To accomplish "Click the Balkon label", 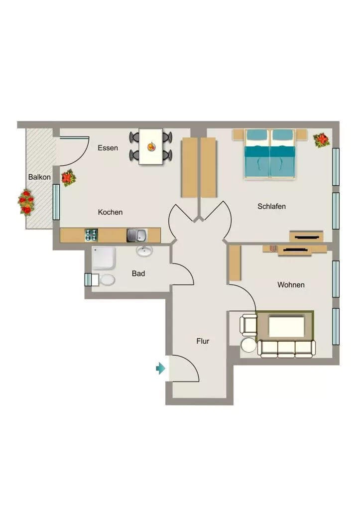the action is click(39, 177).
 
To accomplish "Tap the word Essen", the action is click(108, 147).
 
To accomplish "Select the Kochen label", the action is click(110, 212).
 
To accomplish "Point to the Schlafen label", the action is click(271, 206).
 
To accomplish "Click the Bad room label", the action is click(138, 273).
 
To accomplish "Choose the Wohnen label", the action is click(291, 284).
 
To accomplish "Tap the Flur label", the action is click(203, 341).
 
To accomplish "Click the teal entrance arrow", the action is click(161, 368).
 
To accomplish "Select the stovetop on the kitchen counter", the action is click(92, 235).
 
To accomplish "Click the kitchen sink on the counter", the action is click(137, 235).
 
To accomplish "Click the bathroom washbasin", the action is click(144, 251).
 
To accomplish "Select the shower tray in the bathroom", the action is click(104, 258).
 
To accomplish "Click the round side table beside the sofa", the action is click(248, 345).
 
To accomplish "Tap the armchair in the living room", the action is click(248, 325).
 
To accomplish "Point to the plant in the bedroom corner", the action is click(322, 140).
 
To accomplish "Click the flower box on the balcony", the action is click(26, 203).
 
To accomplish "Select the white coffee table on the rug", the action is click(286, 327).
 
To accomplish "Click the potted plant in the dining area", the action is click(69, 178).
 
